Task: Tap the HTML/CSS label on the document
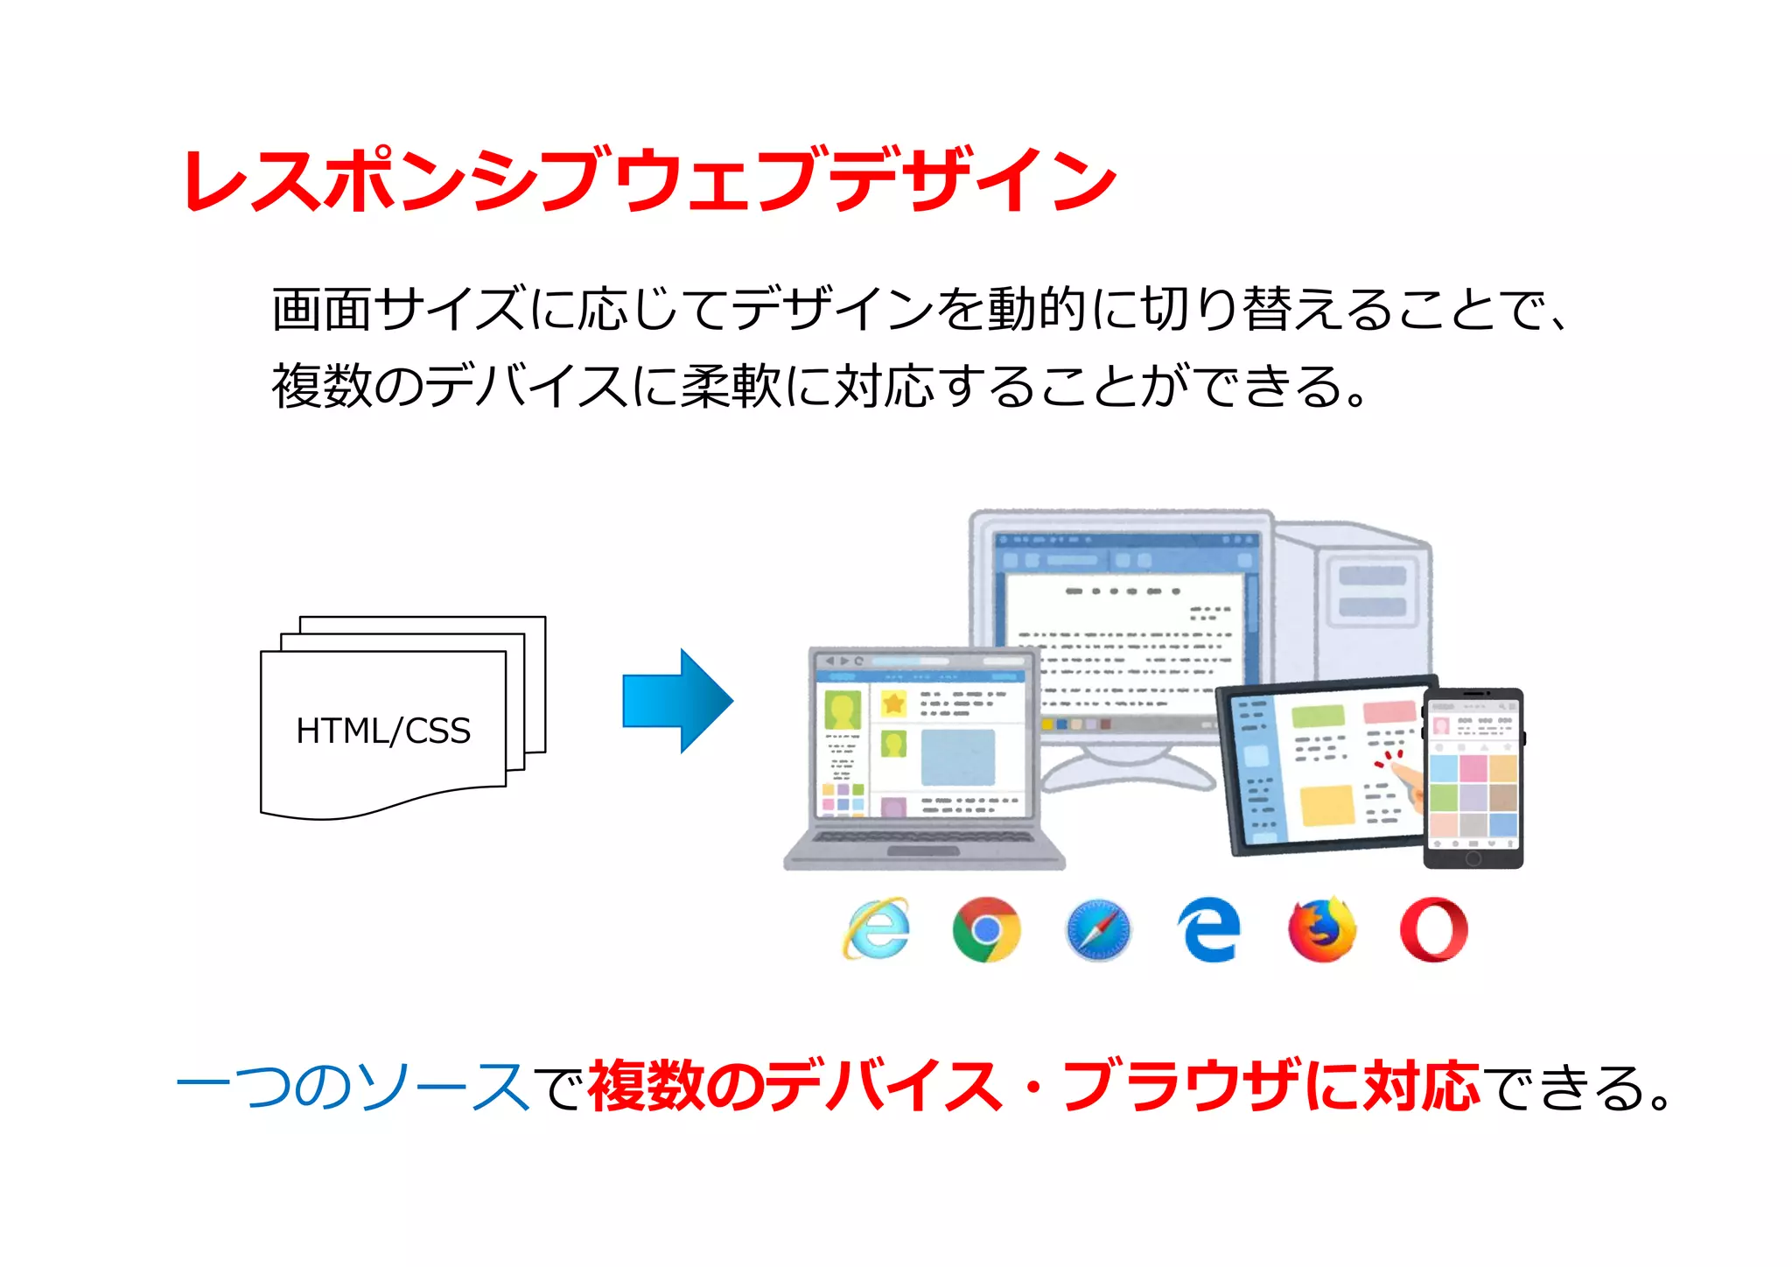383,731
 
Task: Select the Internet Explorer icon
876,928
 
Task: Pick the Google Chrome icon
986,929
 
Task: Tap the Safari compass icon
1098,929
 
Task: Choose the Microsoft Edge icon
1209,929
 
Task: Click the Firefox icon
1321,929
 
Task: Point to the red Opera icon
1433,929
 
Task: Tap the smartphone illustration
1473,778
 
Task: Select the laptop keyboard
923,837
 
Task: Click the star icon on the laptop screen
893,703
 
